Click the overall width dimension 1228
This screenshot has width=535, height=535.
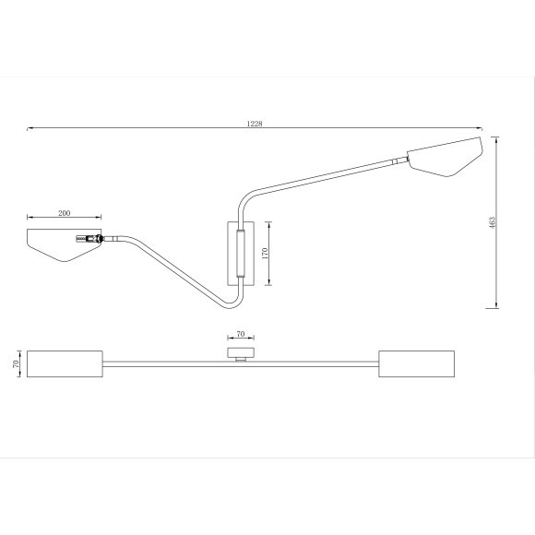click(255, 124)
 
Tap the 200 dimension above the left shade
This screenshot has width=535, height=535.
click(64, 213)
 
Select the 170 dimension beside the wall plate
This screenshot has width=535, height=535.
click(265, 254)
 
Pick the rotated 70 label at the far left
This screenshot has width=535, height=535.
click(17, 363)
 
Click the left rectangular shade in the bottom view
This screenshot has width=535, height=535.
click(65, 363)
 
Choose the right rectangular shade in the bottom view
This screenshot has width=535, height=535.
click(416, 363)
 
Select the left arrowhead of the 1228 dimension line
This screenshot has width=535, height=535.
click(30, 128)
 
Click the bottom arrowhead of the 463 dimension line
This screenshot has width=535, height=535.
click(498, 305)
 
